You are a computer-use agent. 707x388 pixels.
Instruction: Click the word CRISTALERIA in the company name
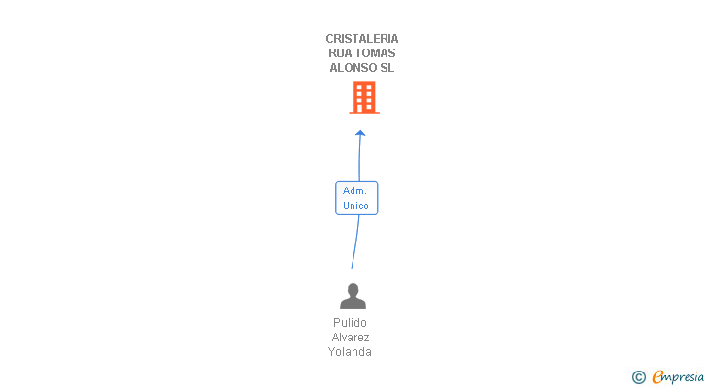362,39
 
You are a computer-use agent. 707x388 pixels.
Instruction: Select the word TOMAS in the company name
378,53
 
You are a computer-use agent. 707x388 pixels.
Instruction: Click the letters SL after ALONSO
387,68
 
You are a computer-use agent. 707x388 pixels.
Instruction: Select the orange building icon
364,98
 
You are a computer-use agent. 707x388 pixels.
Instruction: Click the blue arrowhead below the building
360,133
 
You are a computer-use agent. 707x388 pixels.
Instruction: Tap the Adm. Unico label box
356,198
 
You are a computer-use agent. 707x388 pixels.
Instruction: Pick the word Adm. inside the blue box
355,191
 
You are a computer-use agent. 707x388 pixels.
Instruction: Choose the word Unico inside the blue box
355,206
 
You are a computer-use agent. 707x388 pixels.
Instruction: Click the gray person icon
353,296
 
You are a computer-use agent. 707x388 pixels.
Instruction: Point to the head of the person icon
353,289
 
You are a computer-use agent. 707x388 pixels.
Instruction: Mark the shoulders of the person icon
353,304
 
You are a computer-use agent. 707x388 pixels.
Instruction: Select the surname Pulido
350,323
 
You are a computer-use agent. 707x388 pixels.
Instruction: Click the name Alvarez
350,338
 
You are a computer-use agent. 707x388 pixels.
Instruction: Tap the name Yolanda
350,352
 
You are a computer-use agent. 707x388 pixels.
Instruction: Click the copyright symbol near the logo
638,377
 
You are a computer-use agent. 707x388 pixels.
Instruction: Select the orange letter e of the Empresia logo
658,377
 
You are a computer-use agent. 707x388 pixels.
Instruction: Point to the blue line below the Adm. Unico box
354,242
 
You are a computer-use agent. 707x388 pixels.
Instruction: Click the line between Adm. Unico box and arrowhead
359,158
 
